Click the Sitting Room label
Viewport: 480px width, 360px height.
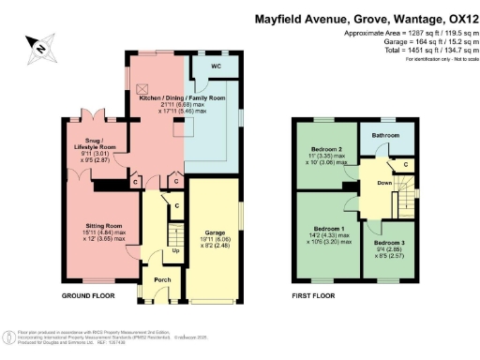(101, 226)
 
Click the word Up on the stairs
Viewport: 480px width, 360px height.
(175, 251)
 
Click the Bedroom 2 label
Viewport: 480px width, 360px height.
(327, 150)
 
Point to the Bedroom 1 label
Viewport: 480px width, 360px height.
(328, 230)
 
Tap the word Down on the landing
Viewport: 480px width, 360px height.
(384, 184)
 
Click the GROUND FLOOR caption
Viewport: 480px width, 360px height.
(88, 295)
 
